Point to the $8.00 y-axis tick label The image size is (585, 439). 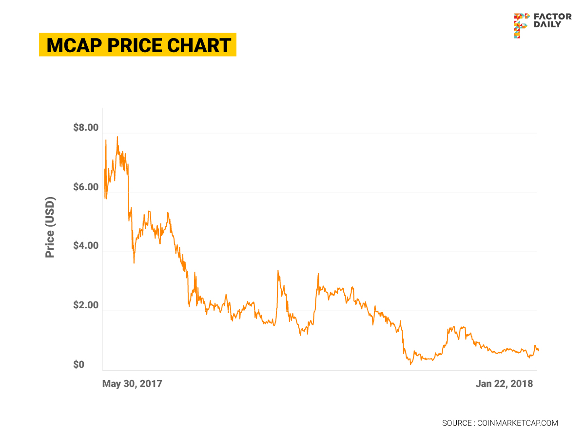click(x=86, y=128)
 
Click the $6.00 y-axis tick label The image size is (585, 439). click(x=86, y=187)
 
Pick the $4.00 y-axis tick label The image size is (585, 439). click(x=86, y=246)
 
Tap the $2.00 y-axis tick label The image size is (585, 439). click(x=86, y=306)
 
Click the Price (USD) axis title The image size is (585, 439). click(x=50, y=227)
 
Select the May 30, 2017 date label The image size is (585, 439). click(x=132, y=384)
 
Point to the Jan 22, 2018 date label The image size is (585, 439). click(x=504, y=384)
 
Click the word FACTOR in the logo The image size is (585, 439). click(x=553, y=17)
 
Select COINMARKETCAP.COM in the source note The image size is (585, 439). click(x=517, y=423)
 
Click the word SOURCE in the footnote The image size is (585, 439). click(x=456, y=423)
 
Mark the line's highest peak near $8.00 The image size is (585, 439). click(x=117, y=137)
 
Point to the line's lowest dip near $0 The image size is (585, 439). click(x=411, y=363)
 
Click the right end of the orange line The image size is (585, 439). click(x=538, y=351)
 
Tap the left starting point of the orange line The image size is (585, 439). click(x=104, y=195)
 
